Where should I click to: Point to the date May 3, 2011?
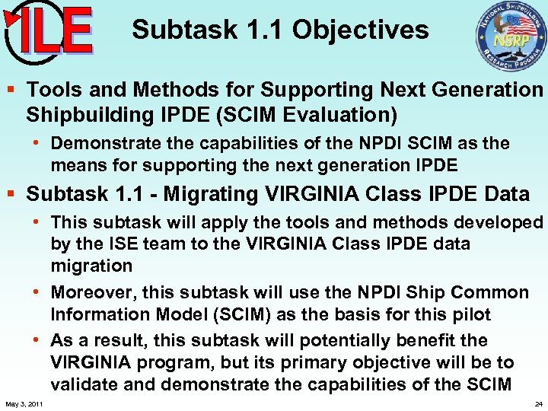tap(24, 403)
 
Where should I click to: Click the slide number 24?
tap(538, 403)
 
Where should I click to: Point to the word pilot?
tap(470, 314)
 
